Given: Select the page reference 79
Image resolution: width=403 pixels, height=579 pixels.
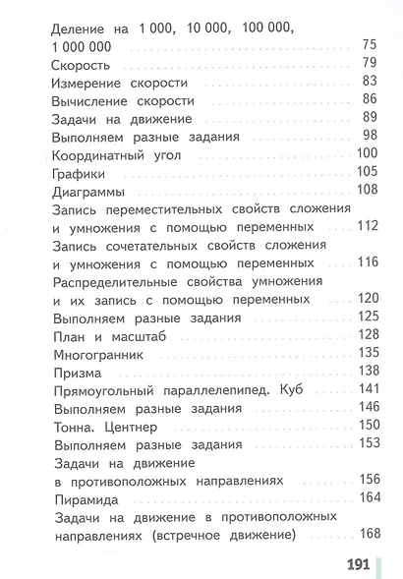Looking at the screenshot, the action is [370, 64].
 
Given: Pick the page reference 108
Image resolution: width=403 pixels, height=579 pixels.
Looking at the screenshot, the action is [367, 189].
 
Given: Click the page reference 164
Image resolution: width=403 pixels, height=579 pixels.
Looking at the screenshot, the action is [367, 496].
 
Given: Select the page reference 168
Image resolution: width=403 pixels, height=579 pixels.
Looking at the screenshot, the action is [367, 533].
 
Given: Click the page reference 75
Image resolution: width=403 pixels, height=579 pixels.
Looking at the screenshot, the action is [370, 45].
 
